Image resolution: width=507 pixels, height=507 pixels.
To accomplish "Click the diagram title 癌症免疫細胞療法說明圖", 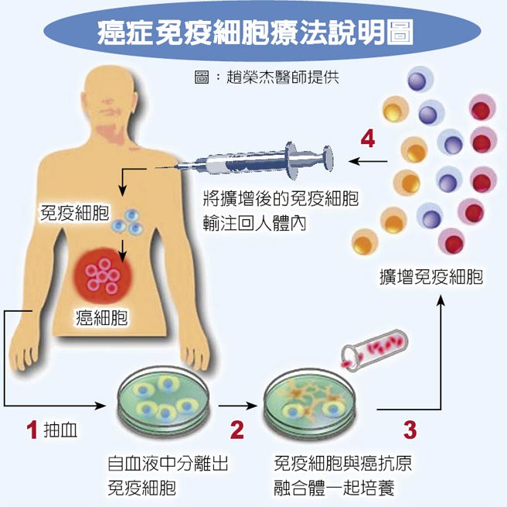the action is (256, 33).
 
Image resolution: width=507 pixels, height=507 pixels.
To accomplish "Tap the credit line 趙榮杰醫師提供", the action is (283, 77).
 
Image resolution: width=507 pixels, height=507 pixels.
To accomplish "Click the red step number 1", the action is (32, 430).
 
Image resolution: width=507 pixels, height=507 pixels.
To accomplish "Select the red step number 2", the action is (237, 430).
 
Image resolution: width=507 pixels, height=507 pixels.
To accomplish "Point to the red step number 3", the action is (410, 430).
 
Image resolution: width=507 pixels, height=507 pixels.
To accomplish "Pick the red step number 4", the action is (368, 139).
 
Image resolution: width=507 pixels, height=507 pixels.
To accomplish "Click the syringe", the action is (245, 161).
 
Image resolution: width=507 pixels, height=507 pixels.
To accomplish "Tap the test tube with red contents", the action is (375, 350).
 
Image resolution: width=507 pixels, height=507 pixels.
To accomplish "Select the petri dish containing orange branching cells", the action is (309, 403).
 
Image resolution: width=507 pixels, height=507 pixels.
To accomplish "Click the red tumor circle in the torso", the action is (103, 276).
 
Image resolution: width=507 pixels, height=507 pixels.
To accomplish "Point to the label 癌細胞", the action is (101, 317).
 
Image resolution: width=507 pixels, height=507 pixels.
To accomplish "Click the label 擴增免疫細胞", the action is (431, 277).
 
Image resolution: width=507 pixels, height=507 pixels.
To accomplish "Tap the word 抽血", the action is (60, 430).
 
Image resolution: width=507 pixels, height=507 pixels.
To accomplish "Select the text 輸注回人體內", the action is (254, 223).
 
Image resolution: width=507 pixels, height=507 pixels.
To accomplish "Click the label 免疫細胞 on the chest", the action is (74, 212).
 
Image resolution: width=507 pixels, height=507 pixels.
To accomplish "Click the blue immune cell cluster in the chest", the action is (128, 222).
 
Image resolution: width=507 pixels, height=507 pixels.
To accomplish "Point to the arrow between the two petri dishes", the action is (238, 406).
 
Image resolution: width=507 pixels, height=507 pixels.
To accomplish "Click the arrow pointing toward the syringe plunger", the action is (368, 161).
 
